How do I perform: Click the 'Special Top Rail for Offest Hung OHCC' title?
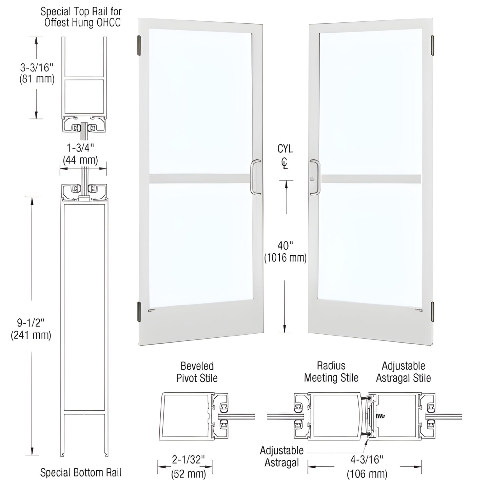(81, 17)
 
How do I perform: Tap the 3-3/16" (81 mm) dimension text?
(37, 73)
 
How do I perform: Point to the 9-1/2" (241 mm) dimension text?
(31, 329)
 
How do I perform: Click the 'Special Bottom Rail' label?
(81, 473)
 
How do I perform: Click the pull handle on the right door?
(314, 177)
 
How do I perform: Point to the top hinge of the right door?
(432, 45)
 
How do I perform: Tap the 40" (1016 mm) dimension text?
(285, 252)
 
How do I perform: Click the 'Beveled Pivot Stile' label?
(197, 372)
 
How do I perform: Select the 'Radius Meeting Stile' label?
(331, 372)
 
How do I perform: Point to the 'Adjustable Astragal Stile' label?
(403, 372)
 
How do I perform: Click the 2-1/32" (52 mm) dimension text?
(188, 467)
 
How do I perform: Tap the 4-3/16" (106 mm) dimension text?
(367, 467)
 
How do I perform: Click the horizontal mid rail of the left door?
(200, 179)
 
